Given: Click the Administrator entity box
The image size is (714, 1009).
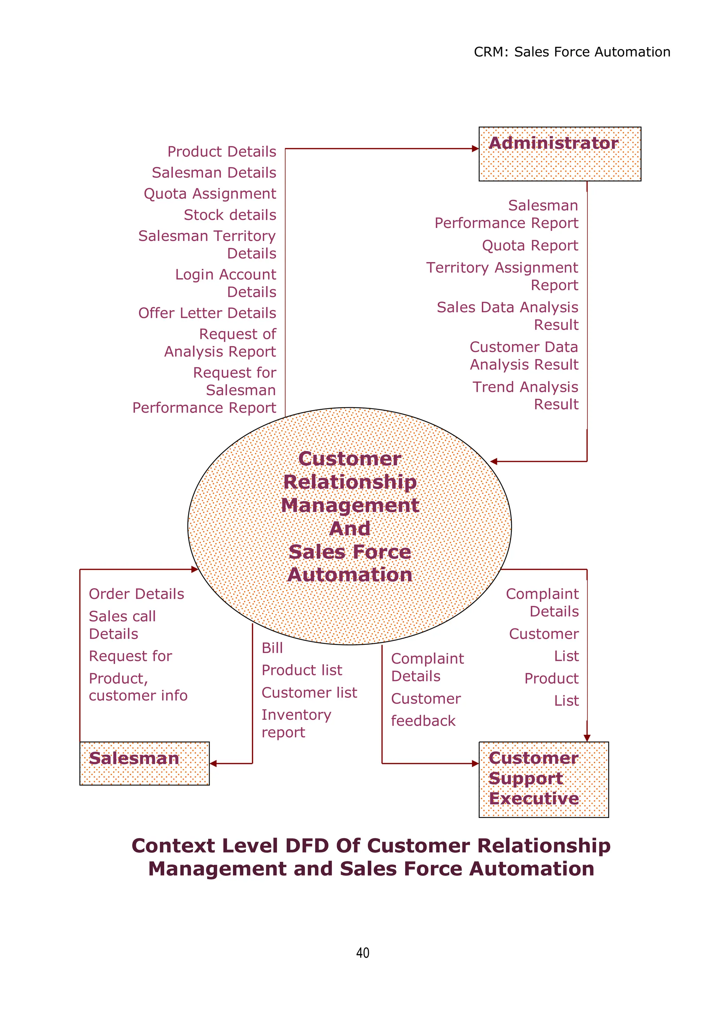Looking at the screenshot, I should click(x=559, y=154).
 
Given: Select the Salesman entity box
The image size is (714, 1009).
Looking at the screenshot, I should click(x=144, y=764).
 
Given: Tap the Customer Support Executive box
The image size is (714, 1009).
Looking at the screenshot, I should click(x=544, y=779).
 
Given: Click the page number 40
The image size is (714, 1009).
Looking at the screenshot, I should click(x=363, y=953).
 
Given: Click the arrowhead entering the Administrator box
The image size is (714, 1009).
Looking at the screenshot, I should click(x=475, y=148).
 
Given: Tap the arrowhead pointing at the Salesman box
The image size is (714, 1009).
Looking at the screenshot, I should click(x=214, y=764).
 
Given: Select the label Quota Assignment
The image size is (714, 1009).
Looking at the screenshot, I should click(x=210, y=193).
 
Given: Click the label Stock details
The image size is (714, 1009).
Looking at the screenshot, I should click(x=230, y=215).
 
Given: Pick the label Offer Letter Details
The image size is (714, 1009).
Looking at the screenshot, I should click(x=207, y=313).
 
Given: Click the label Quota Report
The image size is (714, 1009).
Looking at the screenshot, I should click(x=530, y=245).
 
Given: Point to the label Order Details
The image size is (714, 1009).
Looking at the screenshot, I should click(x=136, y=594).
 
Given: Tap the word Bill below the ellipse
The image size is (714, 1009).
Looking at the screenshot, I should click(x=272, y=648).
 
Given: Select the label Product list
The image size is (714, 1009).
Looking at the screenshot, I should click(x=302, y=670).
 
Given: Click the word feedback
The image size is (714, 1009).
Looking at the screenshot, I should click(x=423, y=721).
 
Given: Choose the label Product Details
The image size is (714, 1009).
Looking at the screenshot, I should click(x=222, y=152).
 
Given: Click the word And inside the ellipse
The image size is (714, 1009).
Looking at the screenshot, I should click(x=350, y=528).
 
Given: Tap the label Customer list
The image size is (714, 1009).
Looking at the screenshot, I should click(x=309, y=693).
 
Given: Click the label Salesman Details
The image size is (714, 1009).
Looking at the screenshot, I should click(x=214, y=173).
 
